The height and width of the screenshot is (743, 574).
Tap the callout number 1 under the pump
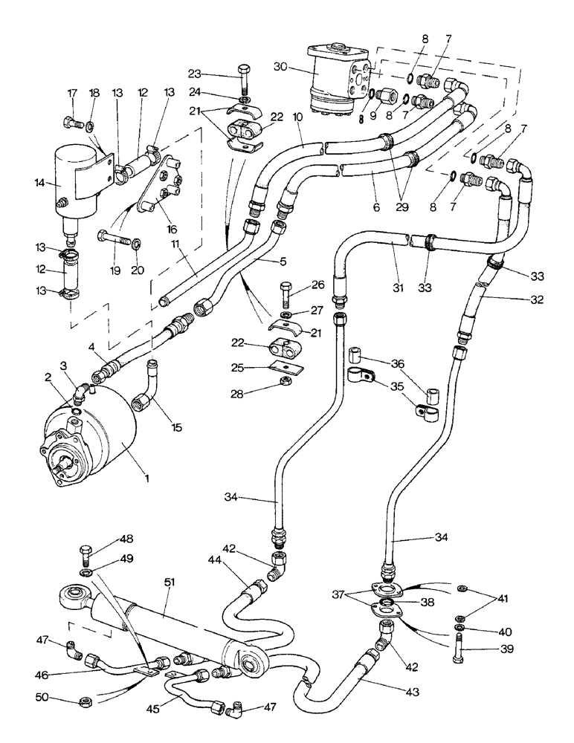point(147,478)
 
